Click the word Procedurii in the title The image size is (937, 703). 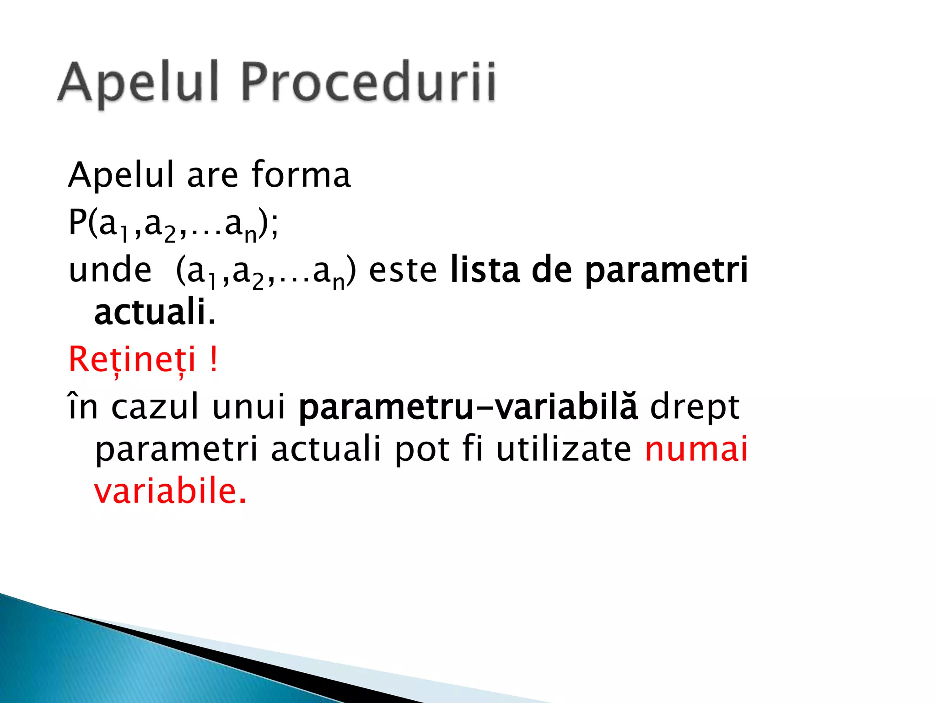[x=368, y=83]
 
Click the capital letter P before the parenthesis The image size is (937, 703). [x=77, y=222]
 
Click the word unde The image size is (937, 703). [x=110, y=270]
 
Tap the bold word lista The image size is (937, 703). [x=485, y=270]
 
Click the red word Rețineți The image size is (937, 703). [x=132, y=360]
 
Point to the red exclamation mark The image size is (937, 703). [x=213, y=359]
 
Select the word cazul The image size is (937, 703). [x=155, y=407]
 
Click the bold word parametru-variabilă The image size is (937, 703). [x=468, y=407]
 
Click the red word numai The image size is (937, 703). [x=696, y=449]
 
